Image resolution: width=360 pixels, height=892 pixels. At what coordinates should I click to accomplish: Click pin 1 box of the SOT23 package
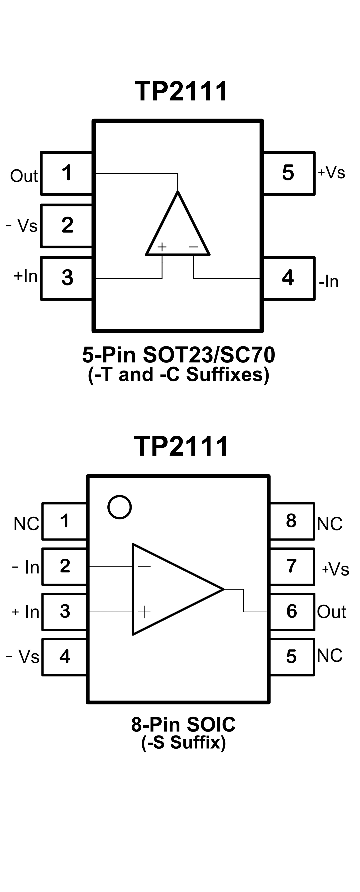[x=66, y=173]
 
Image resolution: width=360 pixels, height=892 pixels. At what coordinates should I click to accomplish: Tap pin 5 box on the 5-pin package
[x=288, y=173]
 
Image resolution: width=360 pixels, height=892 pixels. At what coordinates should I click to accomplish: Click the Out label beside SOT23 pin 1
[x=23, y=176]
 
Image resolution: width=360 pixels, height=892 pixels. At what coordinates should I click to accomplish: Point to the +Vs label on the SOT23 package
[x=331, y=172]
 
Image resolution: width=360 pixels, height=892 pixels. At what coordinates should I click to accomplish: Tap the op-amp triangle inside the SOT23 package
[x=178, y=229]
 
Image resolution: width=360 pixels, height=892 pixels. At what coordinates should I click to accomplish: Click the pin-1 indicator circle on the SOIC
[x=119, y=507]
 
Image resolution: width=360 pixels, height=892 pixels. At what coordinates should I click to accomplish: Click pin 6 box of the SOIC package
[x=292, y=611]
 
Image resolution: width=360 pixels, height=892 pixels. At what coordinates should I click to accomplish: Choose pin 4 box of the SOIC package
[x=65, y=656]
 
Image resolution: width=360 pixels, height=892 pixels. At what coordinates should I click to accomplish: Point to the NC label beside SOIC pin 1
[x=26, y=524]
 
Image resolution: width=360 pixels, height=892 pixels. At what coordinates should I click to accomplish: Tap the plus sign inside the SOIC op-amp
[x=144, y=612]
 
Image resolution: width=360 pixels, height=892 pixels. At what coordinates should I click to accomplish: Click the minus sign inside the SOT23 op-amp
[x=193, y=247]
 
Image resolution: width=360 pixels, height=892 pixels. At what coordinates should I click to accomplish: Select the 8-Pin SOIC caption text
[x=183, y=724]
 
